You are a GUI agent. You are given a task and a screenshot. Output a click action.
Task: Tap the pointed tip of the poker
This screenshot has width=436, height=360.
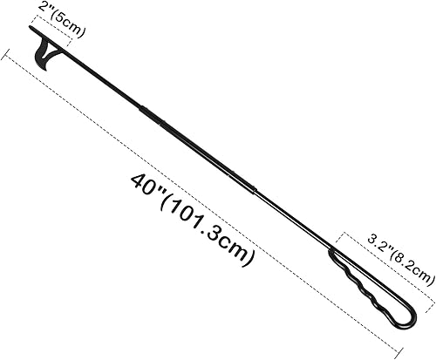point(31,28)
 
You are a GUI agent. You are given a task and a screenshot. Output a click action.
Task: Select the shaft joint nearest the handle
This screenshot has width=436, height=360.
point(255,188)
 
